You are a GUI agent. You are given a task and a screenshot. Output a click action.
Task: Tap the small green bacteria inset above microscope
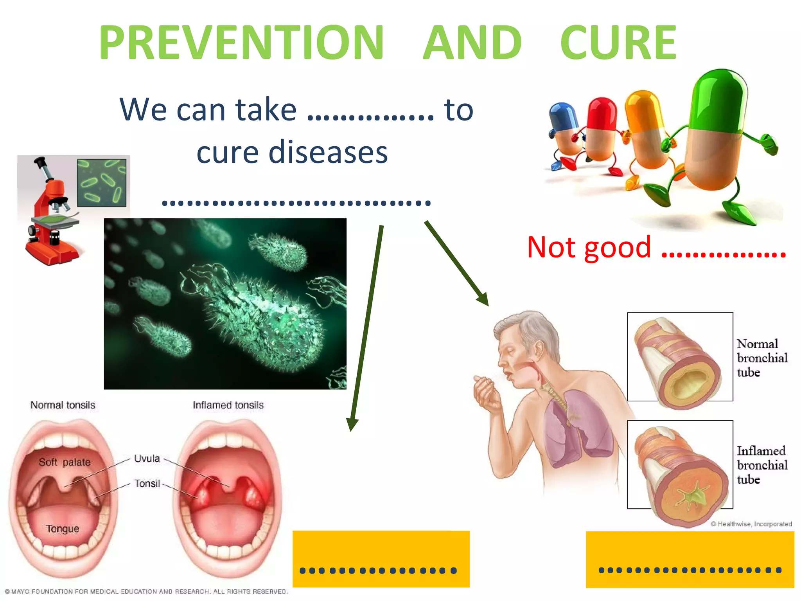[102, 182]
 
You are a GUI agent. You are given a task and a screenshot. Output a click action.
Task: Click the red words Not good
[589, 247]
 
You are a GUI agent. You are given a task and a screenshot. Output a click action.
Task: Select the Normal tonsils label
[63, 405]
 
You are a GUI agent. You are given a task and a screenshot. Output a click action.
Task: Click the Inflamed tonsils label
[228, 405]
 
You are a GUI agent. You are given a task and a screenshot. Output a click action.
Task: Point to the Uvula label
[147, 459]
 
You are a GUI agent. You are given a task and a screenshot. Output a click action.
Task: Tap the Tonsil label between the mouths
[147, 484]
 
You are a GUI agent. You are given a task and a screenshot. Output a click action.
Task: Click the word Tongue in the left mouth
[63, 529]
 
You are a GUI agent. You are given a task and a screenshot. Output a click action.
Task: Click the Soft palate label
[65, 462]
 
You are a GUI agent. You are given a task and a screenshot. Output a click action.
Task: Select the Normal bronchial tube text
[761, 358]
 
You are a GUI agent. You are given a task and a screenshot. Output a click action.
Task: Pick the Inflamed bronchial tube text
[761, 465]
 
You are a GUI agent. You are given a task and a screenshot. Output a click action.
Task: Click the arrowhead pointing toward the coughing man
[483, 299]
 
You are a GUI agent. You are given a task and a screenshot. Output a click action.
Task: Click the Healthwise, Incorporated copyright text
[751, 524]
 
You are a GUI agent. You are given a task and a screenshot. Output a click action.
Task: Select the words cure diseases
[292, 152]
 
